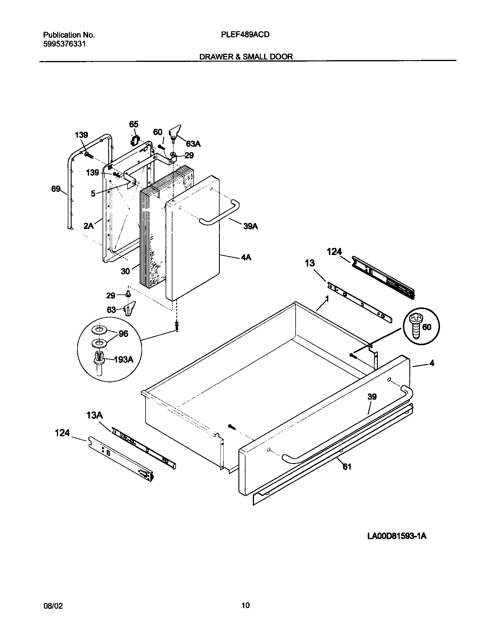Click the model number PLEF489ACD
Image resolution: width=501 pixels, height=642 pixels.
point(245,35)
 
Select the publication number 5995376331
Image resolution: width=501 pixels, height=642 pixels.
point(65,44)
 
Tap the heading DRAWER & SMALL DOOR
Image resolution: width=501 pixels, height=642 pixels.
point(246,57)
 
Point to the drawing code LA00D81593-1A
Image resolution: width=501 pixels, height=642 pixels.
point(397,536)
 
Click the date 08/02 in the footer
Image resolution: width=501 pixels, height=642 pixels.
point(53,605)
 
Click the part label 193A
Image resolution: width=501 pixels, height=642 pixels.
point(123,359)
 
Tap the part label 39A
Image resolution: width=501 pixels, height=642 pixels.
point(250,226)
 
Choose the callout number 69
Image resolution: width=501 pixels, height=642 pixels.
point(56,189)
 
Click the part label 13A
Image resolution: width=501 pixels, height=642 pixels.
point(95,416)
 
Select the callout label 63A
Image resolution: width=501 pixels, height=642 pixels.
point(193,144)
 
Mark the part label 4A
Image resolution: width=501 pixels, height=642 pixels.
point(246,257)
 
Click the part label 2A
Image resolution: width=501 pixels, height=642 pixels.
point(88,226)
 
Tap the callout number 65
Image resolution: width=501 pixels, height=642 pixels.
point(134,124)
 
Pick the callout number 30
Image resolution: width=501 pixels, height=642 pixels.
point(125,271)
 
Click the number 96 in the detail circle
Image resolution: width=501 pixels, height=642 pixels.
point(123,334)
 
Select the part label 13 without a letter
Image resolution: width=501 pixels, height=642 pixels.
point(310,263)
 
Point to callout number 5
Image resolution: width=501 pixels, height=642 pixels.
point(93,194)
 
